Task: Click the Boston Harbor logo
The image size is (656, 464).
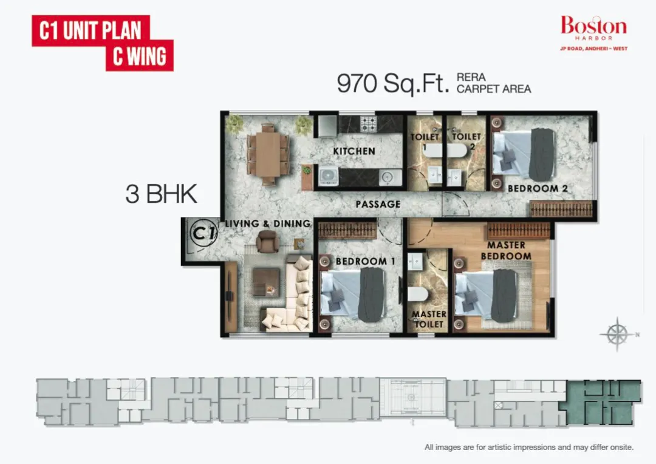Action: pos(593,33)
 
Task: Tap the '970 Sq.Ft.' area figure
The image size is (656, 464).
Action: pos(393,83)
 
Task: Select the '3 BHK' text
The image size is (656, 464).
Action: pos(161,194)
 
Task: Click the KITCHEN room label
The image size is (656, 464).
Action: pos(354,151)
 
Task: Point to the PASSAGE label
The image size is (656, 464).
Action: pos(378,204)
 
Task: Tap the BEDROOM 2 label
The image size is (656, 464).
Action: pos(538,189)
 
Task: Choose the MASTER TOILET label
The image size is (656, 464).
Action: pos(429,319)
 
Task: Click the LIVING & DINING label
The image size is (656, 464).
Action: pos(268,223)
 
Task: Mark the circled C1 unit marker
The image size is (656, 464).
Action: pos(203,233)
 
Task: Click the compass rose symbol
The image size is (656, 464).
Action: pos(617,334)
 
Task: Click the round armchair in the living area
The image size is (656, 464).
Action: pos(267,242)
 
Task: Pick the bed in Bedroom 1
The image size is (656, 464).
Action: pos(353,295)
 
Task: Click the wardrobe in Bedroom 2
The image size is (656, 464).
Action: pos(561,209)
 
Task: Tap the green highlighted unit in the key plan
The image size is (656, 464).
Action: pos(603,402)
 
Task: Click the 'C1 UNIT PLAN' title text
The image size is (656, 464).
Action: pos(91,30)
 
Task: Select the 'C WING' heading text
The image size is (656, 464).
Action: pos(139,56)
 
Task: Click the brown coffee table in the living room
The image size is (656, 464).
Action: pos(266,282)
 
